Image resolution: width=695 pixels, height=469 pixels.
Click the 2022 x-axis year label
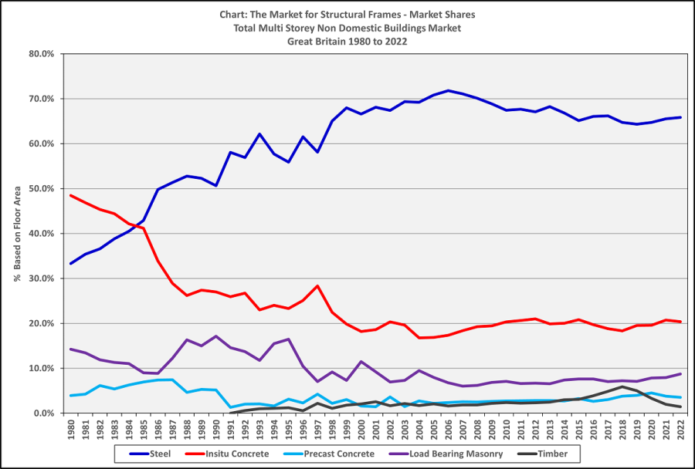(x=680, y=428)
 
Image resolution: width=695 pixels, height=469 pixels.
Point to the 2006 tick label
(x=448, y=428)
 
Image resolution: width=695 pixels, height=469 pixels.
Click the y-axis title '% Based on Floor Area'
(x=16, y=234)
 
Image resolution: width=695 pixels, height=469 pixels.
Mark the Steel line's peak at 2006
(x=448, y=90)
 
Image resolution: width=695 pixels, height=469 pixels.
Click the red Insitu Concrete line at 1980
(x=71, y=195)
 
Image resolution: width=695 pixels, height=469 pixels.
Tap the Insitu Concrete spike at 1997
(x=317, y=286)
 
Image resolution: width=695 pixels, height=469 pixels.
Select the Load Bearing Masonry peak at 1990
(x=215, y=336)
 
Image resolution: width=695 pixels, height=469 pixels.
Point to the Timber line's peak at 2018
(x=622, y=387)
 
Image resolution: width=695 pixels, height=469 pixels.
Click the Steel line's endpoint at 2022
(x=680, y=117)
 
